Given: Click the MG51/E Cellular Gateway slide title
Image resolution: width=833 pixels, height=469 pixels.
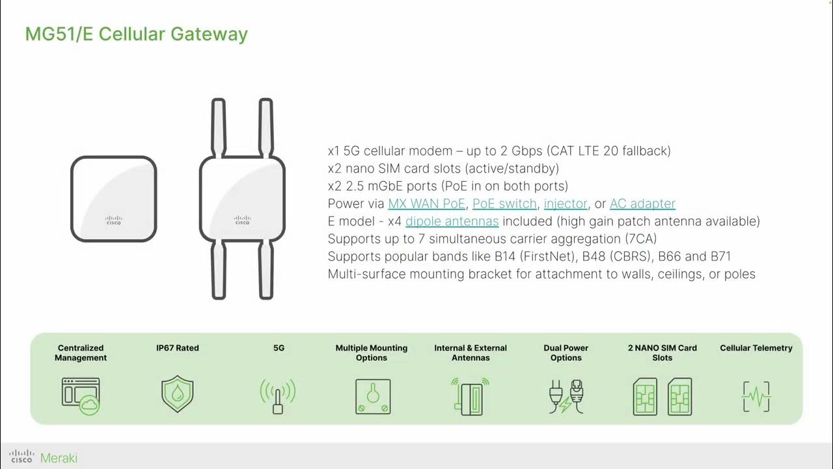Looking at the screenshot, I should pos(136,34).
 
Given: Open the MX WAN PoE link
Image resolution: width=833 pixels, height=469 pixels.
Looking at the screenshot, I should pos(426,204).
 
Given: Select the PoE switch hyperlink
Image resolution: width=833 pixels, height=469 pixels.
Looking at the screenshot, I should pos(504,204).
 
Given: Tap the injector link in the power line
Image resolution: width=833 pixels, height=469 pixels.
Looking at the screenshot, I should pos(566,204).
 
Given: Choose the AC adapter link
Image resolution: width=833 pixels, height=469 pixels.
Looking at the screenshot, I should pos(642,204).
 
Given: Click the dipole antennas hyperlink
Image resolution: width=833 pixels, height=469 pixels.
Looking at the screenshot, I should pos(452,221).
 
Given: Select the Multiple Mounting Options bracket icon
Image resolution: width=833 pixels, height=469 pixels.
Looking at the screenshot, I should pos(372,396).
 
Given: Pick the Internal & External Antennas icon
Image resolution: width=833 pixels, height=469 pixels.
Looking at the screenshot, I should pos(470,396).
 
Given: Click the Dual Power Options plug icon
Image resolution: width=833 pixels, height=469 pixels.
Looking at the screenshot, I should pos(566,396).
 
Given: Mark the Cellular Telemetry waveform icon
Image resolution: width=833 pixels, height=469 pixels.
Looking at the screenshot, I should pos(756,396).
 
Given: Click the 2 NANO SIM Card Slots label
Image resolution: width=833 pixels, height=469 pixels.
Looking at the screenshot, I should pos(662,352).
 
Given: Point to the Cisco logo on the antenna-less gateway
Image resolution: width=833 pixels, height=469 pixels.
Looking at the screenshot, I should pos(113,221).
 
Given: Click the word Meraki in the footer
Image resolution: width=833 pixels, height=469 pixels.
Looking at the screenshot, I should pos(59,458).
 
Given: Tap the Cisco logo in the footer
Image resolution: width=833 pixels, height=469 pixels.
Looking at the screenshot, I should pos(21,457).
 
